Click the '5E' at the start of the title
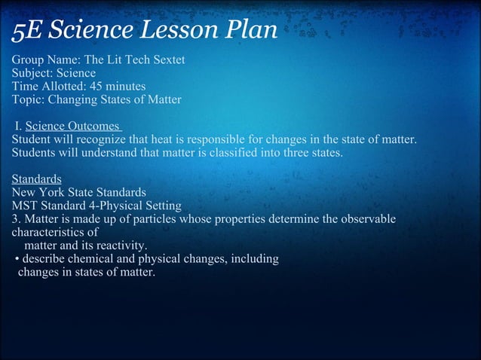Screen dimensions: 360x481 pos(25,32)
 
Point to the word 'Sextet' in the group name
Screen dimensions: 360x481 pos(167,59)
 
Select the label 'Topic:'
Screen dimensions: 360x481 pos(28,100)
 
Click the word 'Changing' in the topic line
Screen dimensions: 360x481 pos(72,100)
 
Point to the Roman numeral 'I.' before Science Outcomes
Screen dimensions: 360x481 pos(18,127)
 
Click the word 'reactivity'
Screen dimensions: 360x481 pos(121,246)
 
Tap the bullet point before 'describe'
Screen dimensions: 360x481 pos(17,260)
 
